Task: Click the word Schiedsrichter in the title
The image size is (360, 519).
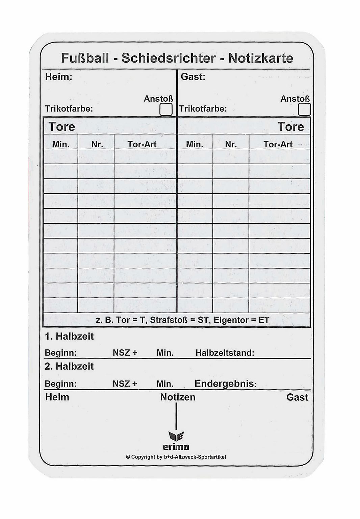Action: tap(169, 58)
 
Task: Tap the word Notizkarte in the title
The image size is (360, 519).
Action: tap(261, 58)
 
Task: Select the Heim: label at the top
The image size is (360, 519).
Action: tap(59, 77)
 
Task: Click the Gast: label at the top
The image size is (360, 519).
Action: tap(193, 77)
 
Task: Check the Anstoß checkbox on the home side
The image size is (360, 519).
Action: tap(166, 109)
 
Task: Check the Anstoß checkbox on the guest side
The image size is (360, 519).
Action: tap(304, 109)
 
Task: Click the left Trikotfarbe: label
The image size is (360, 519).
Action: tap(69, 109)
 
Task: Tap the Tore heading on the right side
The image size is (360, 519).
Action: tap(291, 127)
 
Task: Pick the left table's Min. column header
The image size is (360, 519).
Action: tap(61, 144)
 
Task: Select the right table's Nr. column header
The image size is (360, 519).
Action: tap(231, 144)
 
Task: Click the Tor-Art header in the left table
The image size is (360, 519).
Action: tap(142, 144)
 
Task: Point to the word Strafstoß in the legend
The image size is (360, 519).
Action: tap(169, 320)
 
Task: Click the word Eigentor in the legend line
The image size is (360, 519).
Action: tap(231, 320)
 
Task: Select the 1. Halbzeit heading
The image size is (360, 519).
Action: tap(69, 336)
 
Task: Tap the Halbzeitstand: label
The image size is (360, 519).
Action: tap(225, 353)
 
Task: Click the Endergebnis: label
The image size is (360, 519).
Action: tap(225, 384)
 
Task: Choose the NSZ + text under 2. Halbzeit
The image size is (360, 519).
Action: tap(125, 384)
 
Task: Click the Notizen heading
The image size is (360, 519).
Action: tap(178, 397)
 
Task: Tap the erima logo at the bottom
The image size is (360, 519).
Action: tap(176, 441)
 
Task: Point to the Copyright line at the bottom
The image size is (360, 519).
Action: tap(176, 457)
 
